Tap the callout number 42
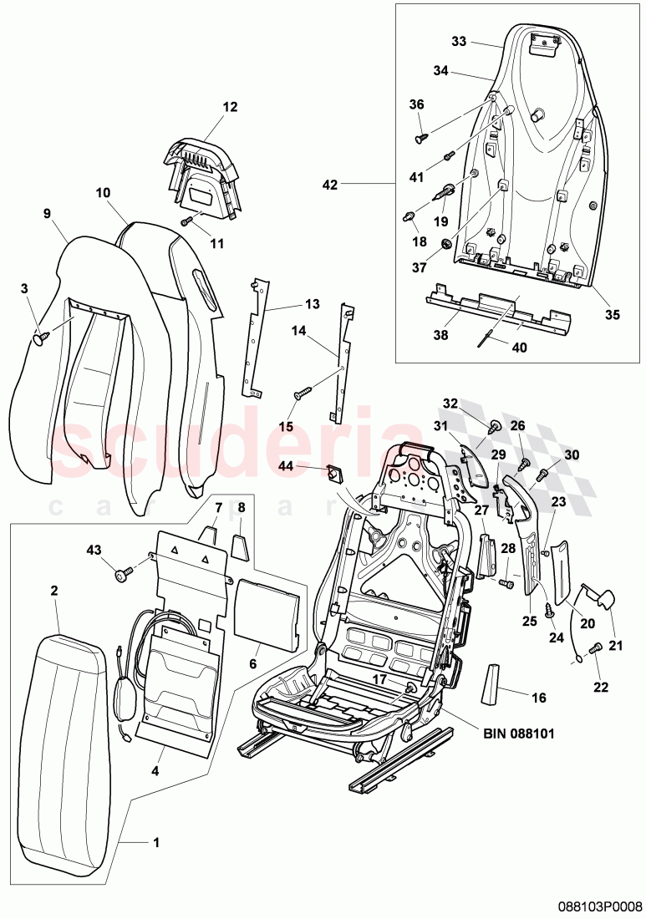click(x=330, y=185)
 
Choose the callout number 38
click(x=440, y=335)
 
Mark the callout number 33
click(x=458, y=42)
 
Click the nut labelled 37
click(x=446, y=244)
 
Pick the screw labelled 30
click(x=541, y=475)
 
